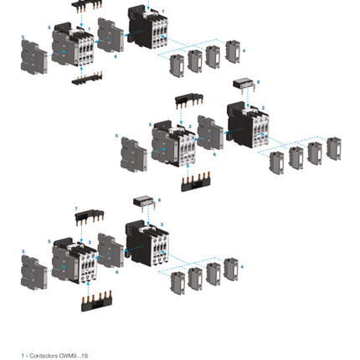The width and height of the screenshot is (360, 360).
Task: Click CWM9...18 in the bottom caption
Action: (x=74, y=355)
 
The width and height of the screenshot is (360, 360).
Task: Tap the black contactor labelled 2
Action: (x=248, y=124)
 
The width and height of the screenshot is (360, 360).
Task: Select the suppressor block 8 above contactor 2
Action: (x=244, y=84)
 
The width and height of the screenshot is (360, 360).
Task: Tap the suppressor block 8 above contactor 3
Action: (x=143, y=203)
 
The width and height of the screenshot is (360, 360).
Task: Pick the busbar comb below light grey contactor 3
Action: (x=95, y=300)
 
